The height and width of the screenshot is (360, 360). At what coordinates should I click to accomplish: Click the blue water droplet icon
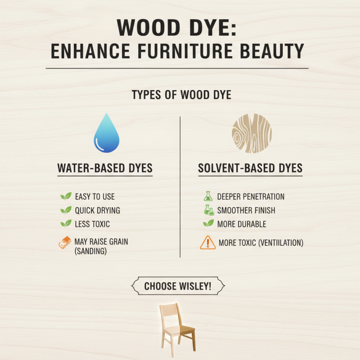point(107,134)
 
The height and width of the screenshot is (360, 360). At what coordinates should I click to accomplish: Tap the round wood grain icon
point(252,133)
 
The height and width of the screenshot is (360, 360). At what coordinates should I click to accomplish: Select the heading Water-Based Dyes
point(105,168)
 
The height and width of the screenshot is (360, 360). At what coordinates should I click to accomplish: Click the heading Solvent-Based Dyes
point(250,168)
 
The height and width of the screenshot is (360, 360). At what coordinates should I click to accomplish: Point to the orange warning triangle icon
point(207,243)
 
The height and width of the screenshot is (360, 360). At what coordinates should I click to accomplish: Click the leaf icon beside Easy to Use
point(66,197)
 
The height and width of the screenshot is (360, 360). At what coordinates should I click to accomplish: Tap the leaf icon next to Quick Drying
point(66,210)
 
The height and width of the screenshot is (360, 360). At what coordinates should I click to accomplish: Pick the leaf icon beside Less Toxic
point(66,224)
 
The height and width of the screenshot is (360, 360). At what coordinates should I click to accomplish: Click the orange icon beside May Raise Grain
point(66,243)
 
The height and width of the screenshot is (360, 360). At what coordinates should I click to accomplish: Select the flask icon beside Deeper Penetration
point(208,196)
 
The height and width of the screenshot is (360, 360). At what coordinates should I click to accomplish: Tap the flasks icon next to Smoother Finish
point(209,210)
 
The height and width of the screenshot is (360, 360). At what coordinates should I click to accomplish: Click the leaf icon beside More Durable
point(208,224)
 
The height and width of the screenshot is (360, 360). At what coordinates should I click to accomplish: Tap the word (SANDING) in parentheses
point(91,252)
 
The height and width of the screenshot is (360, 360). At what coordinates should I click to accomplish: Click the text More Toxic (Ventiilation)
point(261,243)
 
